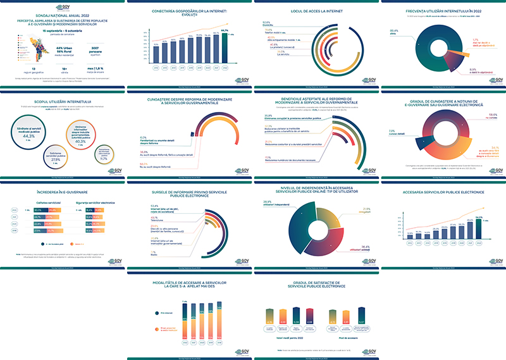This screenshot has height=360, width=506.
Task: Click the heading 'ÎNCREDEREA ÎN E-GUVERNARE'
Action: [x=63, y=190]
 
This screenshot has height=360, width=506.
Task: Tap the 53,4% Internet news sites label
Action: [x=157, y=206]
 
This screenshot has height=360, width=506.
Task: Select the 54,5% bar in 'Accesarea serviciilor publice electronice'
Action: [x=478, y=228]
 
